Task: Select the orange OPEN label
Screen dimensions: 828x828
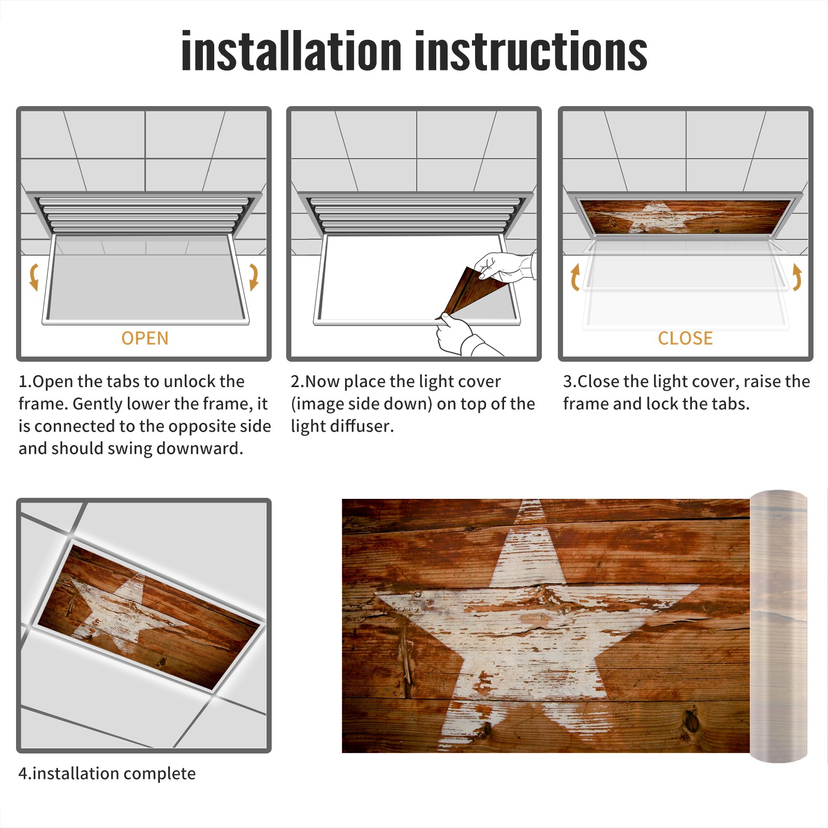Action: pyautogui.click(x=145, y=338)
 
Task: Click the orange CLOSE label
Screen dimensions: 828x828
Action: pyautogui.click(x=685, y=338)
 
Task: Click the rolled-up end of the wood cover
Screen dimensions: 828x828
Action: pyautogui.click(x=778, y=626)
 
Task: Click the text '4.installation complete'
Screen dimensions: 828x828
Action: pyautogui.click(x=107, y=773)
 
